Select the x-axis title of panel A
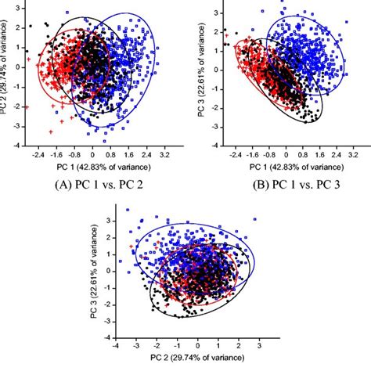95,167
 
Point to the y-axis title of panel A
5,75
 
